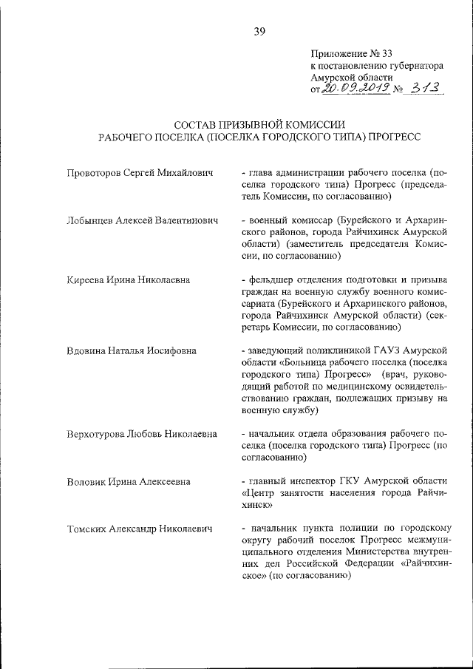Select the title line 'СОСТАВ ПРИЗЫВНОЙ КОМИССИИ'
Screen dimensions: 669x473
coord(259,124)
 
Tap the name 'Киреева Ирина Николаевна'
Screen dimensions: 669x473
coord(129,280)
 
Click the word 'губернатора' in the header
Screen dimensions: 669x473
coord(410,65)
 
